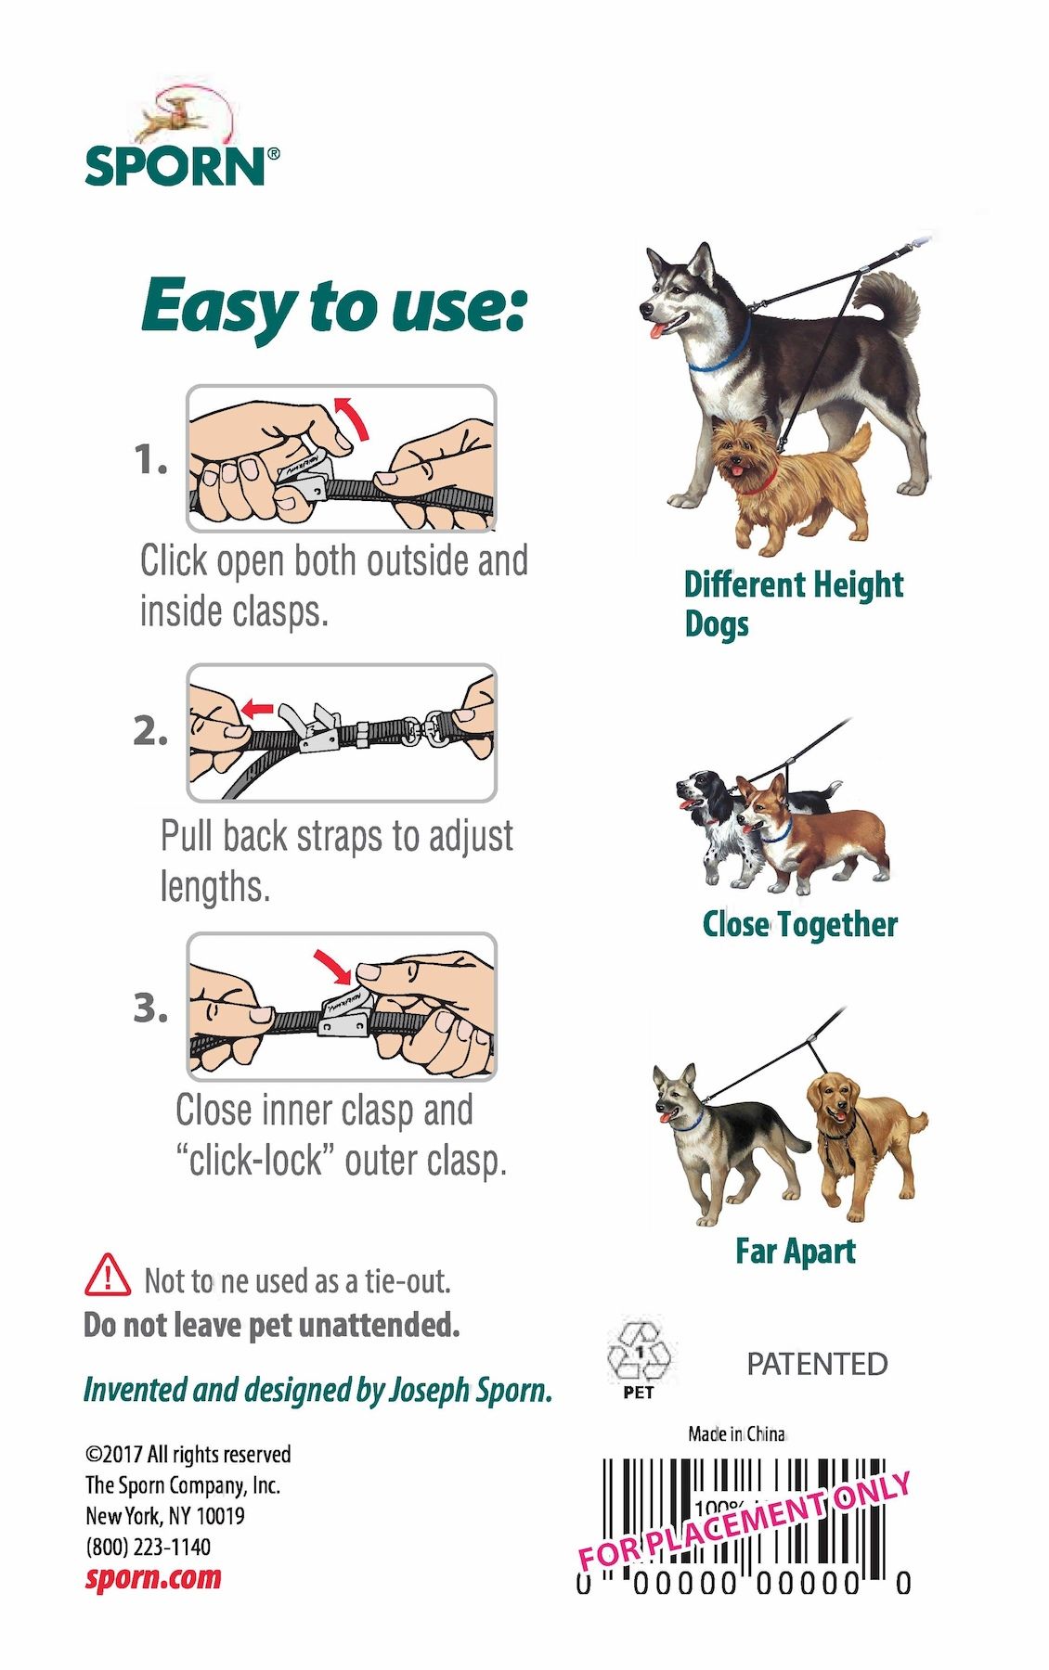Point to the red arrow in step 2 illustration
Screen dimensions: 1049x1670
257,711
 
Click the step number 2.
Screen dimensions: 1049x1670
150,732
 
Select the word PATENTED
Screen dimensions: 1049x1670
817,1364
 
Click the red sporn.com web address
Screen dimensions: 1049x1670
153,1577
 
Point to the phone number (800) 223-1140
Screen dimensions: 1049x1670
149,1547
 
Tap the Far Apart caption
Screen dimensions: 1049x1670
796,1251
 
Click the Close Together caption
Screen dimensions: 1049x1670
800,924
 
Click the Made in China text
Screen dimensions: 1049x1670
737,1433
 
